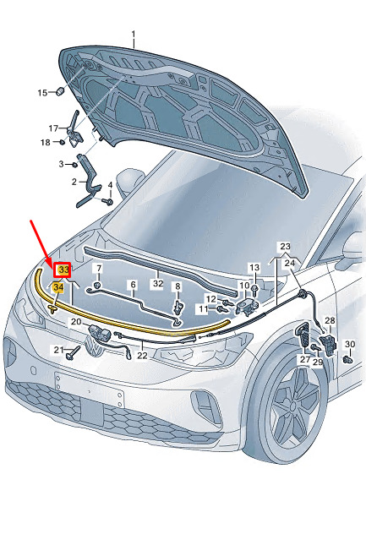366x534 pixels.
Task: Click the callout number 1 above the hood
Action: (x=134, y=35)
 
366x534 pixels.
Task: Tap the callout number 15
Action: (x=42, y=93)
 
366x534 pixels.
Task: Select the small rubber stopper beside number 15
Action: (x=60, y=91)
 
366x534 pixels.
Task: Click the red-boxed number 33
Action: (x=63, y=270)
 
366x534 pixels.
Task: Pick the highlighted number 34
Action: (x=58, y=287)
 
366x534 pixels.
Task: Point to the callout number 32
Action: (x=158, y=283)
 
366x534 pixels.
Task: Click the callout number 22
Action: (x=142, y=355)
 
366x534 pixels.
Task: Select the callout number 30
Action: (x=350, y=344)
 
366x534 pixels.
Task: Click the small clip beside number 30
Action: (x=347, y=358)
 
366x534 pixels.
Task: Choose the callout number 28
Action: (x=330, y=320)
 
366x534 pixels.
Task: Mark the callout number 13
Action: (x=254, y=268)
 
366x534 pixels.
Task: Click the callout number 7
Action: (x=98, y=268)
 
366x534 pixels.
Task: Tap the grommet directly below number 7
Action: (x=97, y=285)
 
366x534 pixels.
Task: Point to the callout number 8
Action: (x=178, y=286)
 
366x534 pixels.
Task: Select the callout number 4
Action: (x=110, y=185)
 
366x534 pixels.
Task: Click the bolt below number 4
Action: (x=107, y=202)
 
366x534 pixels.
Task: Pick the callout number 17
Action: (x=53, y=128)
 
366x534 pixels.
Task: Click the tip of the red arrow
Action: (x=53, y=269)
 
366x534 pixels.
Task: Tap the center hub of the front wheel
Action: (x=292, y=406)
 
